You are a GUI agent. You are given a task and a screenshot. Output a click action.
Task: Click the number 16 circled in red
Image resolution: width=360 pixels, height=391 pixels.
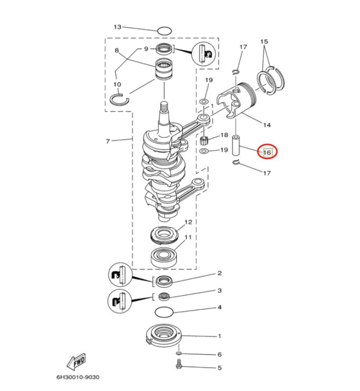click(267, 152)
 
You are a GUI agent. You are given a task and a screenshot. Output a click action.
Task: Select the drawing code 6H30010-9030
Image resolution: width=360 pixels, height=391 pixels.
click(78, 377)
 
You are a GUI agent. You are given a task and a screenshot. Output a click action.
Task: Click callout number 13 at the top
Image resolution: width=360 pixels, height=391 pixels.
click(117, 27)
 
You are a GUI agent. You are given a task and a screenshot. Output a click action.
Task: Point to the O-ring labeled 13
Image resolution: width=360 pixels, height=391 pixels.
click(165, 31)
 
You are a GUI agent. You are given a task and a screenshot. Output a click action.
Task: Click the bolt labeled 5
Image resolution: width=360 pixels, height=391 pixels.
click(178, 364)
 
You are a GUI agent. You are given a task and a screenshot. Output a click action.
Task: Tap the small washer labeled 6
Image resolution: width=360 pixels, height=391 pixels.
click(178, 353)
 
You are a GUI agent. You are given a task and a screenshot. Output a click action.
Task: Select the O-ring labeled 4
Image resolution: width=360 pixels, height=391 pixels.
click(164, 312)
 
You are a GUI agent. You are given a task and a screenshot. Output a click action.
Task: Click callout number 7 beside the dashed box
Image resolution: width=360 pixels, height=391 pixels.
click(108, 141)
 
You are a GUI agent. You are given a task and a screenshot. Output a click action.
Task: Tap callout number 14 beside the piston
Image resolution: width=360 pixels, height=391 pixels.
click(267, 125)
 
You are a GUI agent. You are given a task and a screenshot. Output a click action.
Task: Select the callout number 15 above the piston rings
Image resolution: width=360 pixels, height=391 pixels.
click(264, 41)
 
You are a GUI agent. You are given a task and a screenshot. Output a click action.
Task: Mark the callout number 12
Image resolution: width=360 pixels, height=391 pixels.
click(188, 222)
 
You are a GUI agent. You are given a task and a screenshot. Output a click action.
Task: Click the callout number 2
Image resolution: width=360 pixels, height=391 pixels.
click(220, 273)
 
